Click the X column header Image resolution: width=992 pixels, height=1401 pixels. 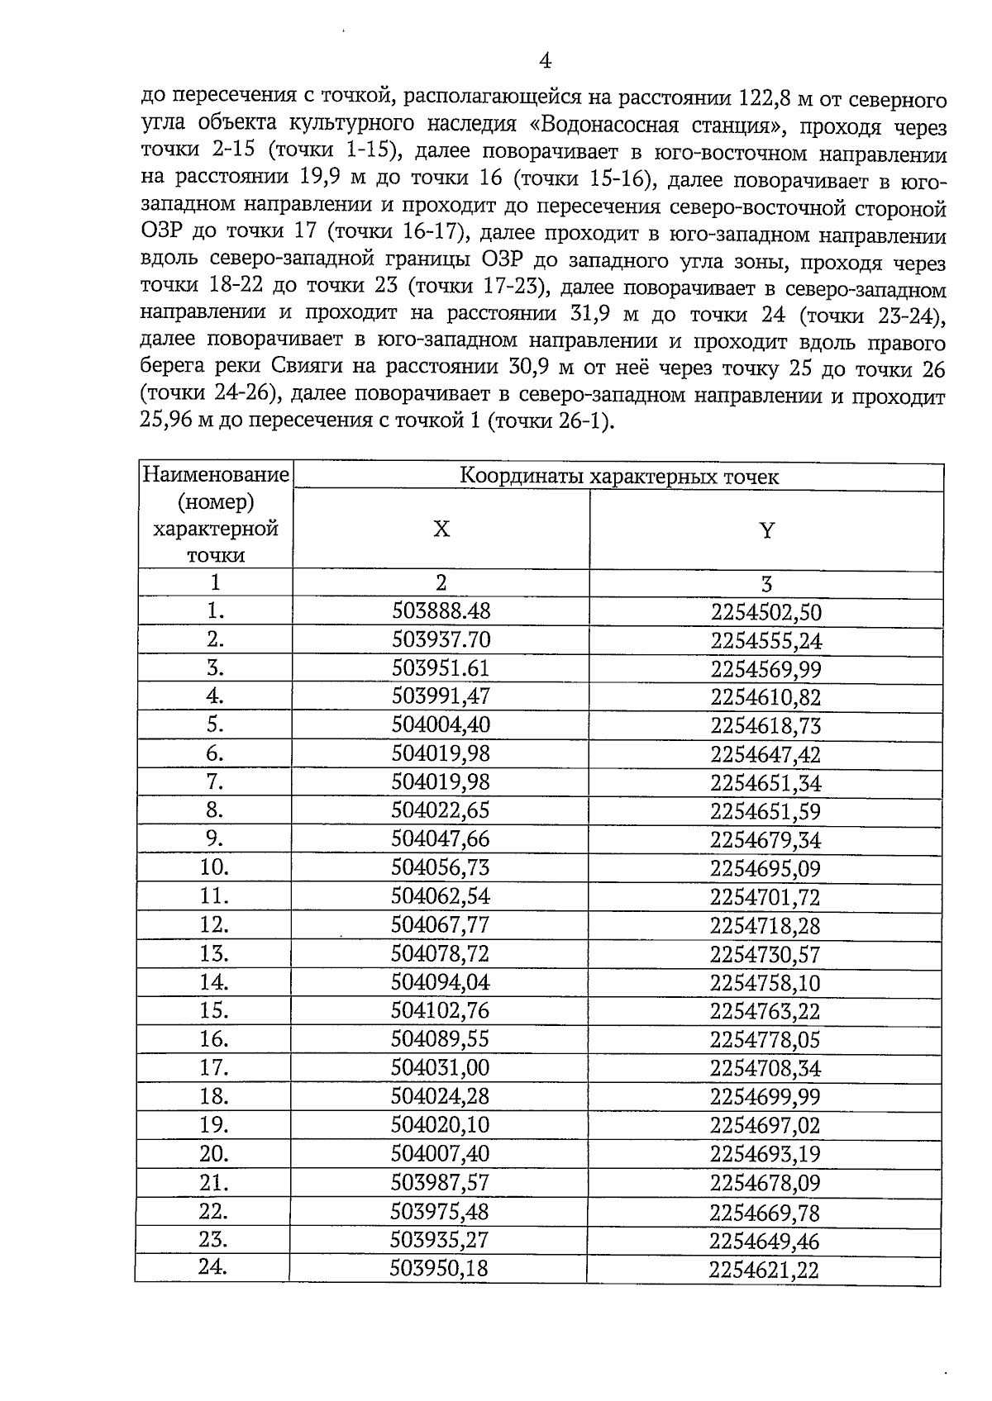[441, 530]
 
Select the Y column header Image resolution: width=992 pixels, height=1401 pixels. [766, 530]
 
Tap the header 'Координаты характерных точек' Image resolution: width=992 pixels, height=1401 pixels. [619, 477]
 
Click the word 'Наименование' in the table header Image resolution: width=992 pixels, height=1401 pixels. [216, 475]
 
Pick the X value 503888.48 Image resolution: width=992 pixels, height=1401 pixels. [441, 610]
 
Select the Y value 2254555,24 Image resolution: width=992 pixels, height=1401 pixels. [765, 641]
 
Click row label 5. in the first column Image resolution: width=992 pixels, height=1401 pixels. [215, 724]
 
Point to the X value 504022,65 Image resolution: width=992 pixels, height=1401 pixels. [441, 810]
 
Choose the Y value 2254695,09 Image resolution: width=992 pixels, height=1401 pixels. [765, 868]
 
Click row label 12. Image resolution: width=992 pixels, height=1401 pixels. [214, 924]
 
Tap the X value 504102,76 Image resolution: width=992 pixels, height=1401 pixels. [441, 1010]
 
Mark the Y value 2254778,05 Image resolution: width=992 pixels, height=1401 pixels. [765, 1040]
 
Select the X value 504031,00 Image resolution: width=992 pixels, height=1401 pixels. [441, 1068]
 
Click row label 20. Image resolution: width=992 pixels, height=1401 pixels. [214, 1153]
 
